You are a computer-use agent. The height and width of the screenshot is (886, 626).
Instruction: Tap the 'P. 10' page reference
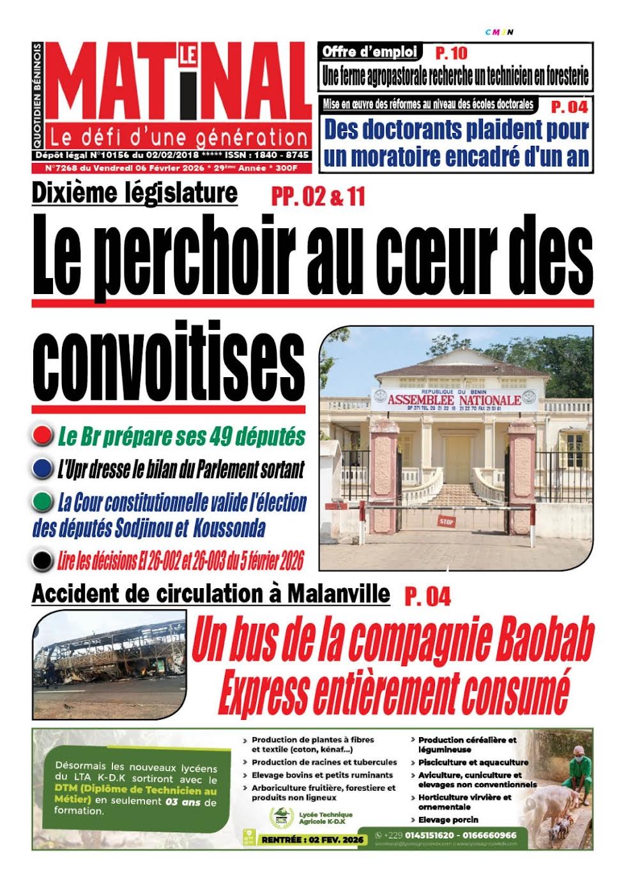click(x=451, y=52)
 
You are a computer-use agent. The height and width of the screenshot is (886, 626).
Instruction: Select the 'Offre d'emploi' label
click(x=370, y=51)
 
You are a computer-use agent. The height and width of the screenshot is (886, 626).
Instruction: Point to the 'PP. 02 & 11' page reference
click(x=318, y=197)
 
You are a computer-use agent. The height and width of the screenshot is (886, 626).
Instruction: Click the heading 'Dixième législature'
click(x=135, y=192)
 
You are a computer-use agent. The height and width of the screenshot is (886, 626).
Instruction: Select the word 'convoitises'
click(x=169, y=361)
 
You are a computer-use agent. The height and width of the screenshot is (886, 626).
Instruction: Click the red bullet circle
click(x=42, y=436)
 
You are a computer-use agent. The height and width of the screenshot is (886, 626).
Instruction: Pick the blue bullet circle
click(x=42, y=469)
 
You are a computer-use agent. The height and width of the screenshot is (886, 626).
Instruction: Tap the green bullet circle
click(x=42, y=502)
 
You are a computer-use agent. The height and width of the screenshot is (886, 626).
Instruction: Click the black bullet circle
click(x=42, y=561)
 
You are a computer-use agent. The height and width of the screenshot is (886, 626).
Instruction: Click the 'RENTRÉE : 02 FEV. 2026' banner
click(x=312, y=839)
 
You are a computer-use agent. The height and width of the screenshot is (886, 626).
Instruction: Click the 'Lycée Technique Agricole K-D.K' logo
click(x=282, y=818)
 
